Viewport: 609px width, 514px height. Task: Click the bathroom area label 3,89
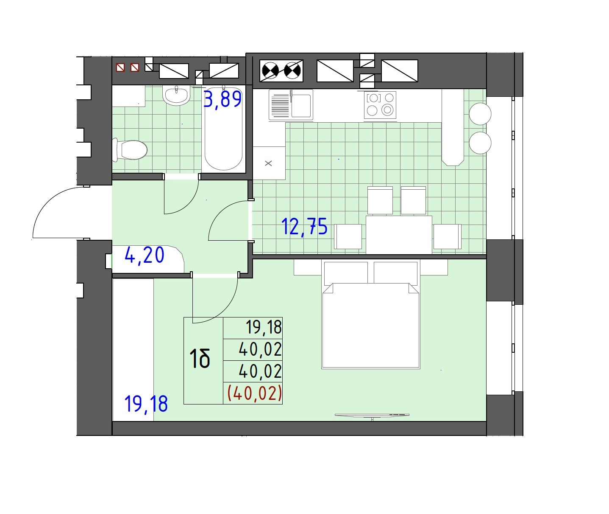click(x=222, y=99)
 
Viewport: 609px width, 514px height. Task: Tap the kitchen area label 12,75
click(x=304, y=227)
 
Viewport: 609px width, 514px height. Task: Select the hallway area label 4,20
click(x=145, y=255)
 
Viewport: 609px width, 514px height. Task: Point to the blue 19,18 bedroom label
click(x=146, y=404)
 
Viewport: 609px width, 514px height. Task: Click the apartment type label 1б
click(x=200, y=359)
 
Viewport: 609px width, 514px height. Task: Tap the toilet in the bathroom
click(x=130, y=150)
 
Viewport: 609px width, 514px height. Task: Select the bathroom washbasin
click(x=176, y=95)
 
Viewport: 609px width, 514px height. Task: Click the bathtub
click(x=223, y=129)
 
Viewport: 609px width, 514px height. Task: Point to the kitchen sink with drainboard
click(x=291, y=105)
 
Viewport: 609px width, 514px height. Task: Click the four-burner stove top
click(x=380, y=105)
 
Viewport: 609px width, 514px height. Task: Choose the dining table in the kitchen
click(x=399, y=235)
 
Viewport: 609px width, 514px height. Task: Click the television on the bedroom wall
click(x=372, y=416)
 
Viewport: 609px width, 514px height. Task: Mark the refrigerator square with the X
click(x=269, y=163)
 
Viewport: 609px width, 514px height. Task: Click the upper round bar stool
click(x=480, y=114)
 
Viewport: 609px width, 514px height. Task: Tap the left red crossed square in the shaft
click(x=120, y=67)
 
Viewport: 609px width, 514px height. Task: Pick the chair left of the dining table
click(x=348, y=236)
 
